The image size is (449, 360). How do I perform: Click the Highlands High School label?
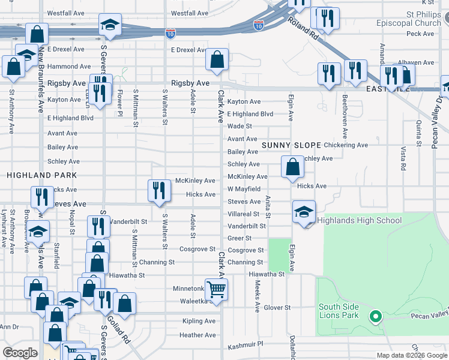click(x=359, y=221)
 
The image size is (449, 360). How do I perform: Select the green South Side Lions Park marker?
click(x=376, y=316)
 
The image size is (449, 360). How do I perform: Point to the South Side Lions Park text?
click(x=339, y=311)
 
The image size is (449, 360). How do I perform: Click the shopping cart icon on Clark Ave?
click(x=216, y=289)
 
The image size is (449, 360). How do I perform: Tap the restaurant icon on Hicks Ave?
click(x=159, y=191)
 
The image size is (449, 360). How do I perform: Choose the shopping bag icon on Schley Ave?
click(x=292, y=167)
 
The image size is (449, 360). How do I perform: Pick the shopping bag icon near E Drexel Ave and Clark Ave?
click(x=217, y=59)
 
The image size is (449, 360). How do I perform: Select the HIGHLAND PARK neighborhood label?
click(x=42, y=175)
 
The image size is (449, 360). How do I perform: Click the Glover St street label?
click(x=277, y=308)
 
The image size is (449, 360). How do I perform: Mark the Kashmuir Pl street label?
click(x=246, y=346)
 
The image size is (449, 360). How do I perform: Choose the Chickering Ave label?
click(x=345, y=145)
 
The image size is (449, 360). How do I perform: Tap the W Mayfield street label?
click(x=243, y=189)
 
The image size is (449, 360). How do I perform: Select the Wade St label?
click(x=239, y=127)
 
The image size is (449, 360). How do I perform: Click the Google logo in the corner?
click(x=20, y=353)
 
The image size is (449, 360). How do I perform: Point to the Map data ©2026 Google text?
click(x=411, y=355)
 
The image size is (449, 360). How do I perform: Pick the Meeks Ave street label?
click(x=257, y=296)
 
